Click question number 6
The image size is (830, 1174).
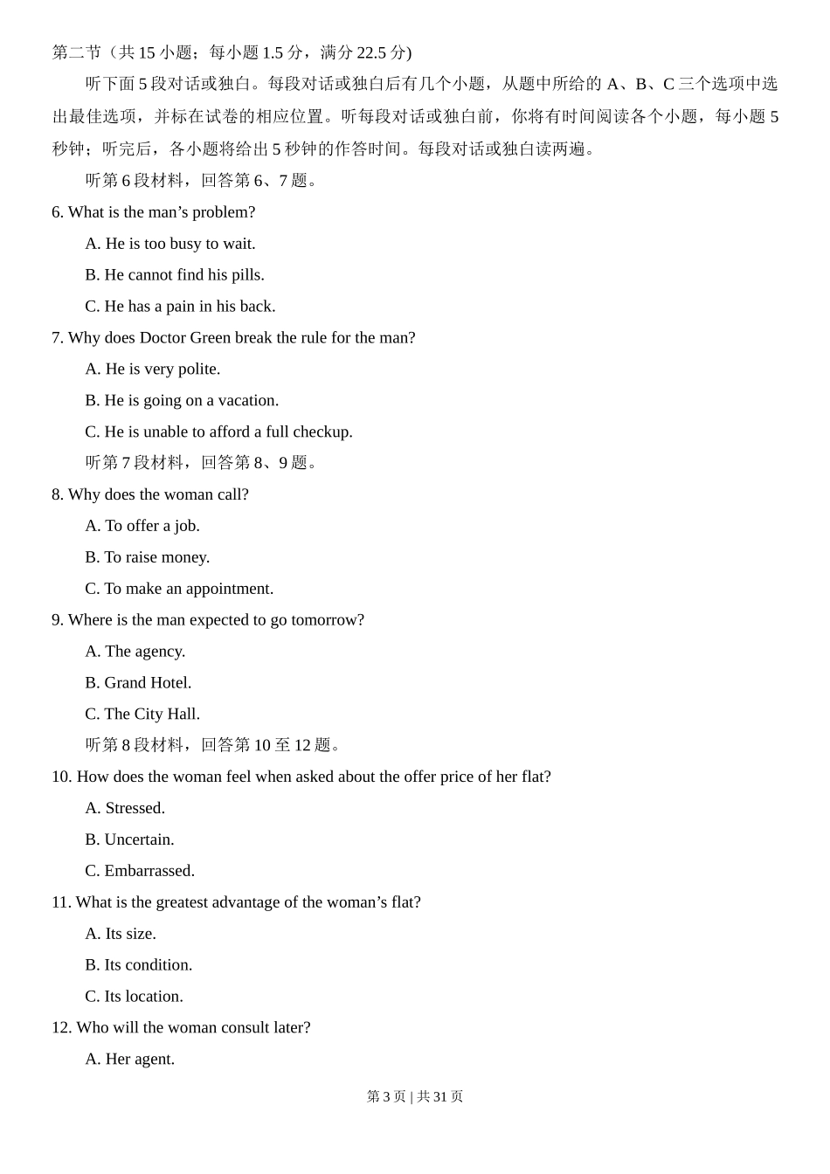point(58,212)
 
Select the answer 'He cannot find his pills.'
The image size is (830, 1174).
point(175,275)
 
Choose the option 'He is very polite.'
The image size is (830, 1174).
point(153,369)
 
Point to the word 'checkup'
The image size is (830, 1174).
point(322,432)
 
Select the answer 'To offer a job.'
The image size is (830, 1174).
point(142,526)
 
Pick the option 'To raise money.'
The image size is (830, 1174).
point(148,557)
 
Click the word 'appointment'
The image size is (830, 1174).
point(230,589)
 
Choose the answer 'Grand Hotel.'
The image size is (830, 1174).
point(138,683)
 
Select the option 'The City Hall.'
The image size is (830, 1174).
point(142,715)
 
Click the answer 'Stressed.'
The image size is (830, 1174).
point(125,808)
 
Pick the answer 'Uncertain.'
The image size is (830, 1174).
point(129,839)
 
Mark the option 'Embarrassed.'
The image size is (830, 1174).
point(140,871)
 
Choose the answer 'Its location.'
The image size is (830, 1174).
point(135,997)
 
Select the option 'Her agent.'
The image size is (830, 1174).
point(130,1060)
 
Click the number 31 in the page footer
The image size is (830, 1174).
point(439,1097)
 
